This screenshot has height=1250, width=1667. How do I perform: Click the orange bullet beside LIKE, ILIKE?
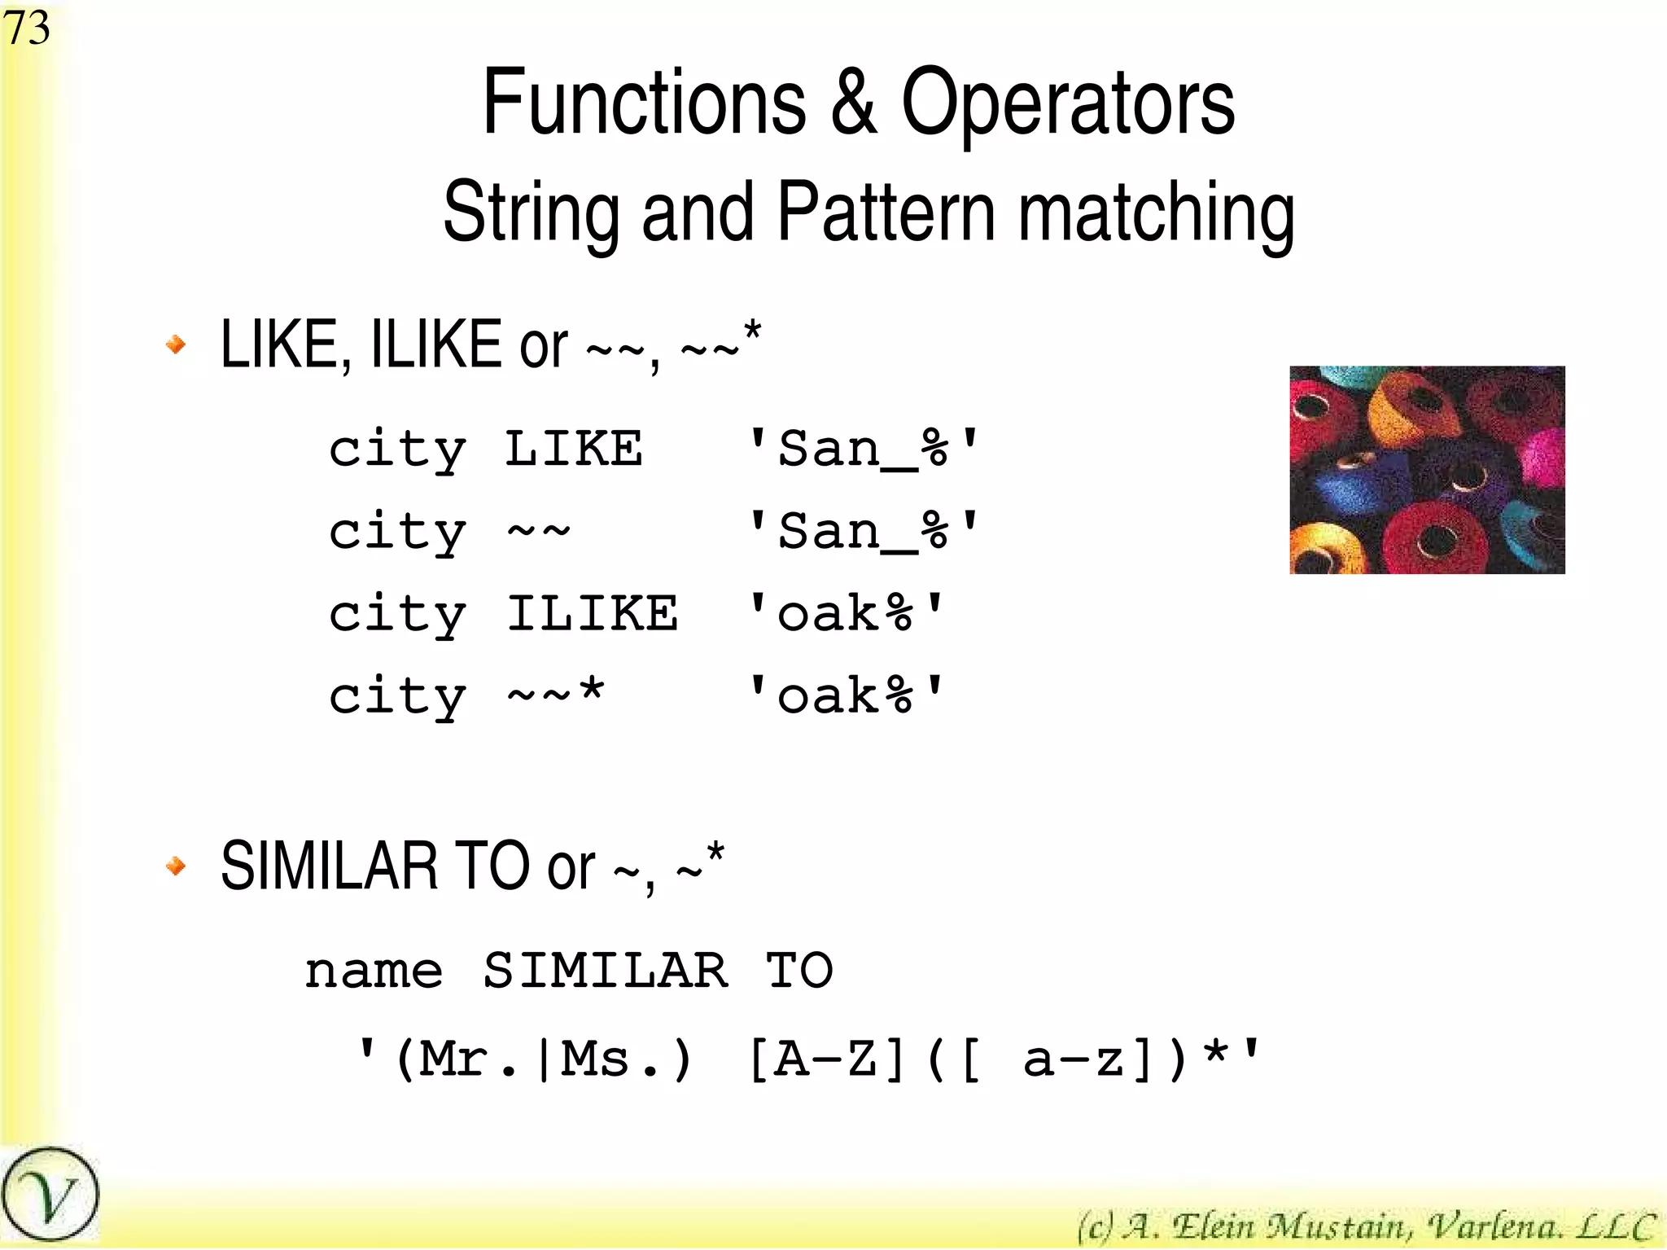176,344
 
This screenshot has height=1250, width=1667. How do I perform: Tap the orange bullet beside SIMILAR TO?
176,866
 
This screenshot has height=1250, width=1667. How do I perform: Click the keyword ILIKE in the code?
592,613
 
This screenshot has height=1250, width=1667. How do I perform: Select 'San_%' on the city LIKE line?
863,450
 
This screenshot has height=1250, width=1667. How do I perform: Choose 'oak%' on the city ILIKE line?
845,614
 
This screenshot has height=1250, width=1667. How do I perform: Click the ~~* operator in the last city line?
555,695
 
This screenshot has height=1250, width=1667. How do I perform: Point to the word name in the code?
374,971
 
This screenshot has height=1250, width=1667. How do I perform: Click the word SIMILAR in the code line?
606,971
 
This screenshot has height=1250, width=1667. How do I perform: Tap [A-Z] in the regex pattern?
825,1059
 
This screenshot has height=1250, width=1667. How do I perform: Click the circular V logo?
50,1195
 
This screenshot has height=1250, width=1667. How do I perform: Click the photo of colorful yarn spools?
1427,470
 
